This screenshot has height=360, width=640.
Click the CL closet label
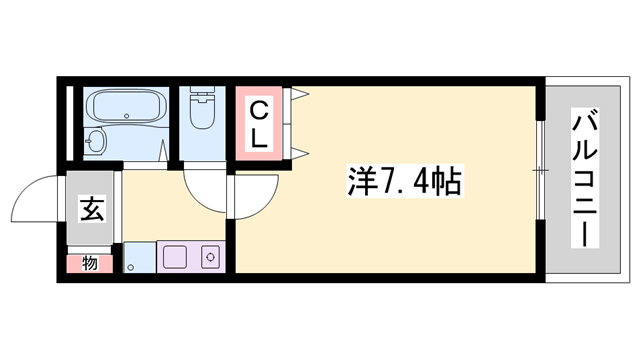(258, 122)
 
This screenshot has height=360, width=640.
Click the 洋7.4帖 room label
(405, 183)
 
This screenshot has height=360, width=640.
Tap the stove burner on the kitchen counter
(211, 257)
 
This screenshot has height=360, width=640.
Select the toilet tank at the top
(203, 97)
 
